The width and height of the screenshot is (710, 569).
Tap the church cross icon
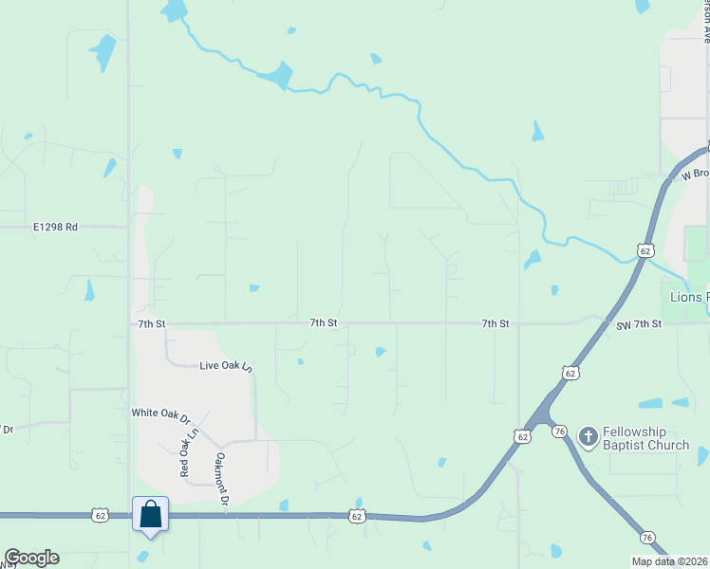pyautogui.click(x=588, y=436)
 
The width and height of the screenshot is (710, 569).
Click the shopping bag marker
pyautogui.click(x=150, y=514)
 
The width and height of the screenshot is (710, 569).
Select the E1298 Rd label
pyautogui.click(x=54, y=228)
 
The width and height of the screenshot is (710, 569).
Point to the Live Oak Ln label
pyautogui.click(x=226, y=365)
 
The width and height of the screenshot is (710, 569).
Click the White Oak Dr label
pyautogui.click(x=160, y=413)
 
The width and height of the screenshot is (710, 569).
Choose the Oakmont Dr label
pyautogui.click(x=221, y=478)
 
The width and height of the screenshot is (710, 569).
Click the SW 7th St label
pyautogui.click(x=637, y=324)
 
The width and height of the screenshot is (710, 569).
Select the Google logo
pyautogui.click(x=31, y=558)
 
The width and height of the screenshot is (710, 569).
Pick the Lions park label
pyautogui.click(x=689, y=297)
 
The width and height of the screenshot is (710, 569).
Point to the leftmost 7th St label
pyautogui.click(x=151, y=323)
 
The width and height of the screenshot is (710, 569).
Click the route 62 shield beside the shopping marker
pyautogui.click(x=101, y=515)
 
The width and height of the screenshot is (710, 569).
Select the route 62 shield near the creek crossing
pyautogui.click(x=645, y=250)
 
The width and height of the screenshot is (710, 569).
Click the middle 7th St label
pyautogui.click(x=323, y=323)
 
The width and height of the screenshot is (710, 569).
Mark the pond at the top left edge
pyautogui.click(x=175, y=9)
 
